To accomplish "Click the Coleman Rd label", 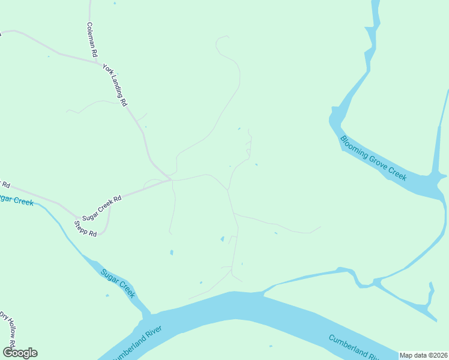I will (92, 40).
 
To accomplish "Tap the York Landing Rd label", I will (115, 85).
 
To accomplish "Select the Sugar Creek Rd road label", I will (102, 207).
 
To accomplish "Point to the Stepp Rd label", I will (85, 229).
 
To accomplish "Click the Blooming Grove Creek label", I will (373, 158).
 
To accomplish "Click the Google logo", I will (20, 353).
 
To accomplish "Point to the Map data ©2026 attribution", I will (424, 355).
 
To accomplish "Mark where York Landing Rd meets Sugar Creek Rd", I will (170, 179).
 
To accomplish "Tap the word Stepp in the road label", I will (81, 226).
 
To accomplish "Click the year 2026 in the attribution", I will (438, 355).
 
